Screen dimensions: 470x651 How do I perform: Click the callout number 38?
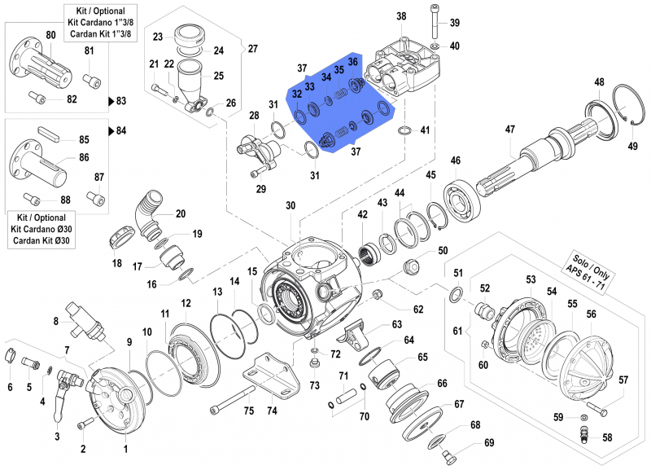tap(401, 16)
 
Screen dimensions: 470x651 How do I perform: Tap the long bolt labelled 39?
tap(433, 21)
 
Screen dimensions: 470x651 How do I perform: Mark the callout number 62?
tap(418, 309)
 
